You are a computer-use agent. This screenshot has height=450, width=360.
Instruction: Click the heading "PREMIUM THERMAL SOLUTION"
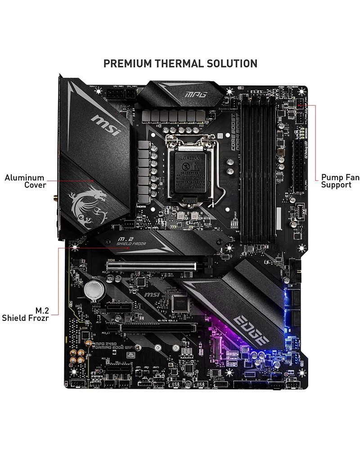click(x=180, y=63)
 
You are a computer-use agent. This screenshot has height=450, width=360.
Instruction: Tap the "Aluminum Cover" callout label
click(x=25, y=181)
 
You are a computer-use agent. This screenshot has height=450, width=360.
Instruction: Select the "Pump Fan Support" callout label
click(x=340, y=181)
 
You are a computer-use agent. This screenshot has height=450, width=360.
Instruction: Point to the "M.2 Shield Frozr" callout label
click(x=26, y=314)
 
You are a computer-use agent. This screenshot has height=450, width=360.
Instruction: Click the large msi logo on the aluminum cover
click(x=106, y=125)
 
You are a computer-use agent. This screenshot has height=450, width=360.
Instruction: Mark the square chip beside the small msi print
click(x=180, y=304)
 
